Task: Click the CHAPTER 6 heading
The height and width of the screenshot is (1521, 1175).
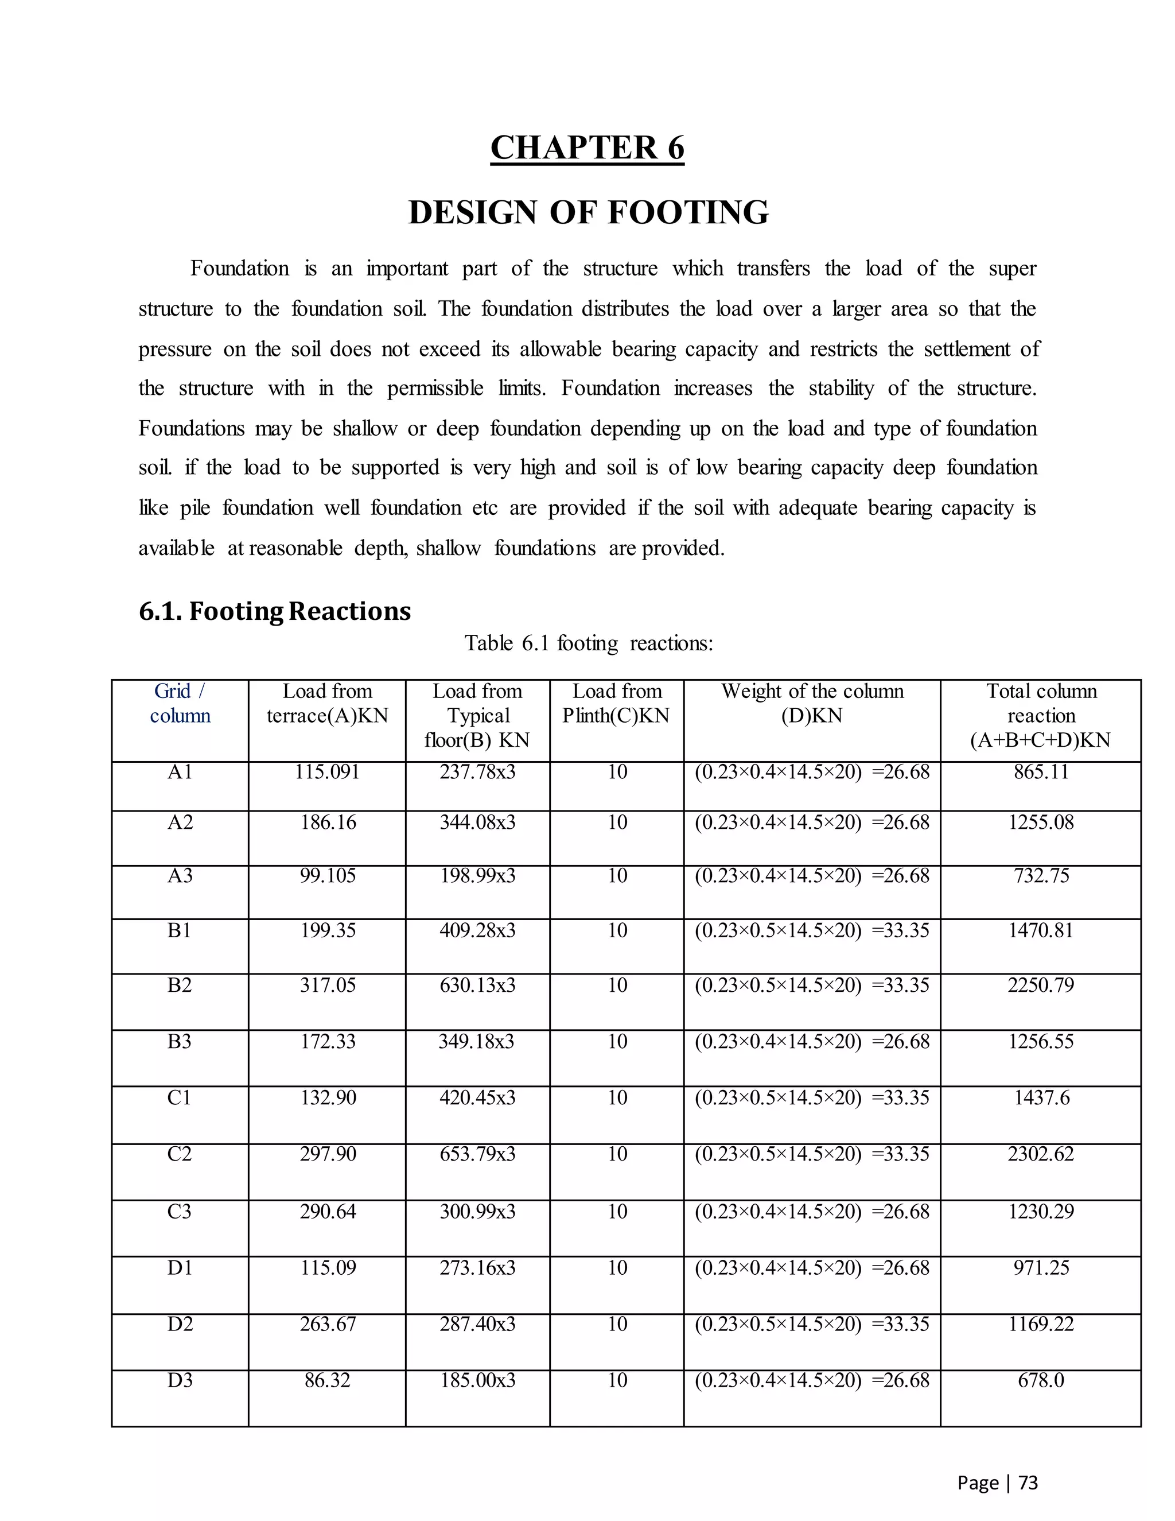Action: coord(587,148)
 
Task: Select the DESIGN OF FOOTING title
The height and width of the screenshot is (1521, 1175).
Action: coord(588,212)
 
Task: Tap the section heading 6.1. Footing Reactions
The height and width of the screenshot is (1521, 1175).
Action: coord(275,611)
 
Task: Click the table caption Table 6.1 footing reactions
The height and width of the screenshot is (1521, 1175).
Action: coord(589,643)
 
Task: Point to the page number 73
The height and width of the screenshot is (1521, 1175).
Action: coord(1028,1483)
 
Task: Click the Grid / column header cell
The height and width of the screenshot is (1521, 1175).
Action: coord(180,704)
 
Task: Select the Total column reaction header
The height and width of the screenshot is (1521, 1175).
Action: coord(1041,715)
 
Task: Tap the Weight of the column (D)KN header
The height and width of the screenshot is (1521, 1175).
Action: coord(812,704)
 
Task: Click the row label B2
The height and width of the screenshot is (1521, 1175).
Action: coord(180,985)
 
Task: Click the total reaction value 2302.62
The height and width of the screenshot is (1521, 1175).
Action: coord(1041,1154)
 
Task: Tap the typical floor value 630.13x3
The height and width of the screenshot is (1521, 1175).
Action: coord(477,985)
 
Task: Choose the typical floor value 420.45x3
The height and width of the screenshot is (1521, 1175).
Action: coord(477,1097)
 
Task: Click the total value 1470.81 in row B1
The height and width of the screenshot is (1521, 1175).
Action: coord(1041,930)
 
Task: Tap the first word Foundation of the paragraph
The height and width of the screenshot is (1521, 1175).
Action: coord(239,269)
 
